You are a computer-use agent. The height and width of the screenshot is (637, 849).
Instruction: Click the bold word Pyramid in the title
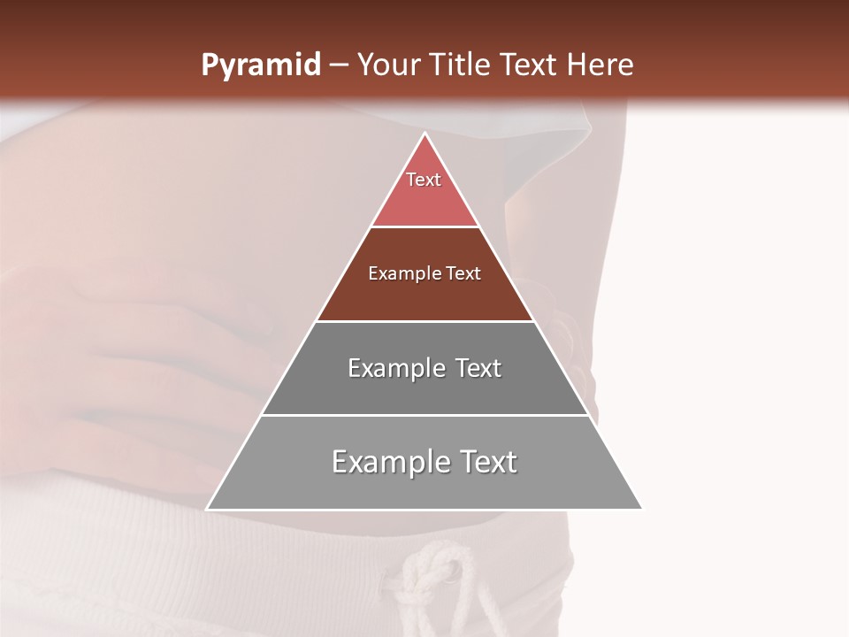[x=260, y=65]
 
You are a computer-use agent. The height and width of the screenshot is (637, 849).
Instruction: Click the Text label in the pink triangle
[x=424, y=180]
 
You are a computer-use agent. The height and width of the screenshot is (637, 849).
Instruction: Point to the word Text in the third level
[x=478, y=368]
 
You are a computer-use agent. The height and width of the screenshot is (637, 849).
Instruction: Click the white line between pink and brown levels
[x=424, y=226]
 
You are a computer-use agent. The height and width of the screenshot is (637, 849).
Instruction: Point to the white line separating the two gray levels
[x=424, y=415]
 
